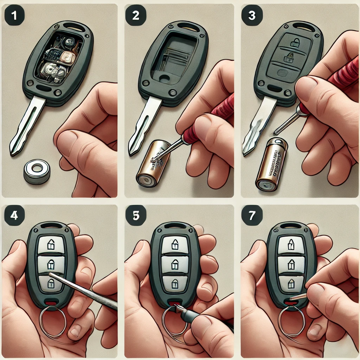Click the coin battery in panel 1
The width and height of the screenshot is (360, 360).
pyautogui.click(x=37, y=171)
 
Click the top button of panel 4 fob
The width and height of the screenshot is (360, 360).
pyautogui.click(x=51, y=244)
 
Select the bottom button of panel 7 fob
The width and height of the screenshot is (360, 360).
pyautogui.click(x=291, y=283)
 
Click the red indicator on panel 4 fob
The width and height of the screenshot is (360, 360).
pyautogui.click(x=51, y=302)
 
